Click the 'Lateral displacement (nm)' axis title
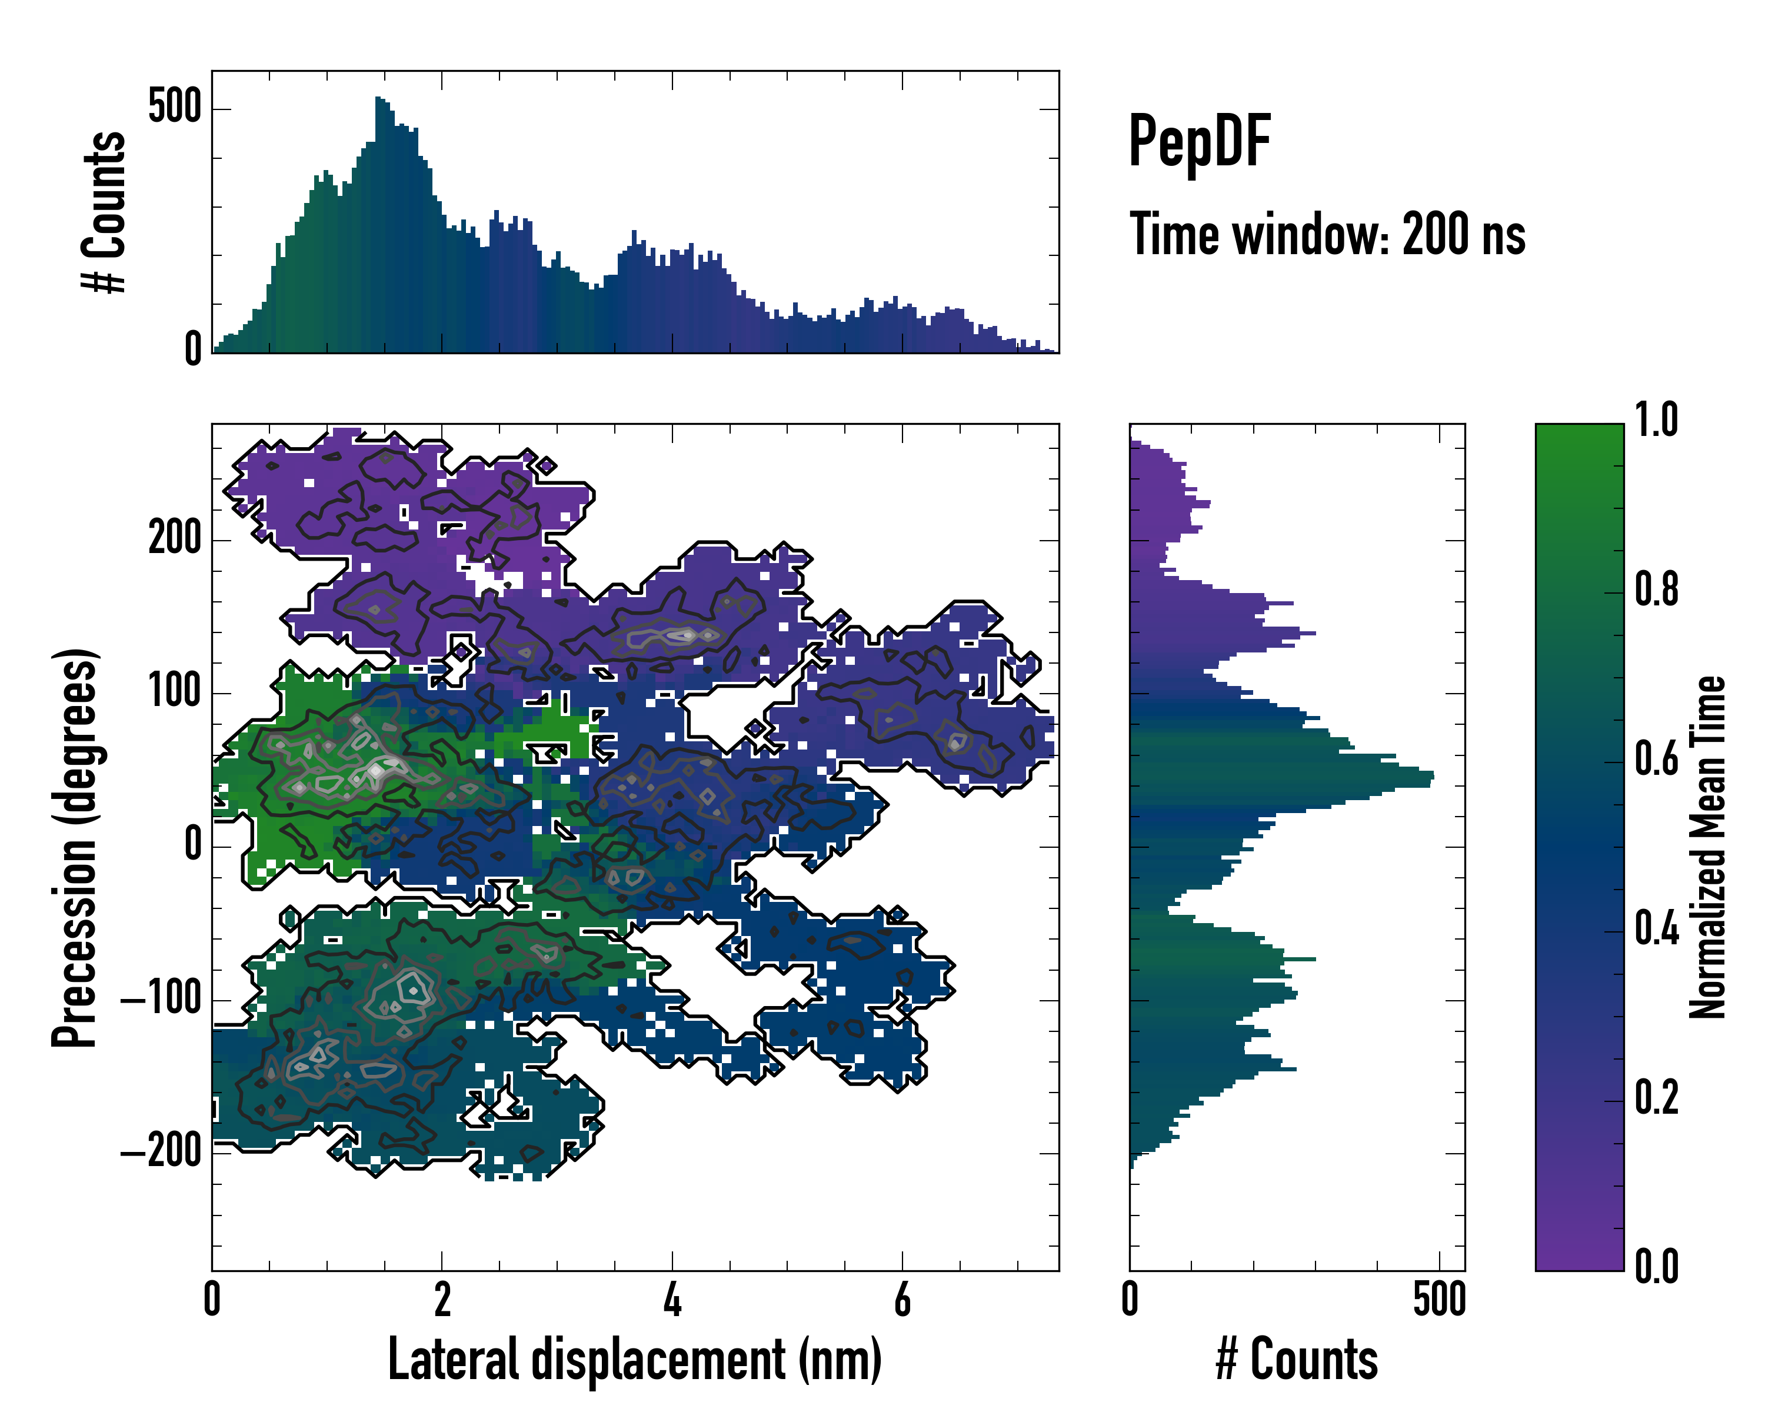point(634,1360)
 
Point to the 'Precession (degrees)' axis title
point(75,847)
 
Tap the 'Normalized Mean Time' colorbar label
point(1708,847)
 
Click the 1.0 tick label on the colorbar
point(1656,420)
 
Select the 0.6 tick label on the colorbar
point(1656,759)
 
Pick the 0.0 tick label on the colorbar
point(1656,1266)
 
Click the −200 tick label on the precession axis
point(161,1152)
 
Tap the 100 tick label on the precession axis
point(174,692)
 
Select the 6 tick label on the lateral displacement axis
point(902,1300)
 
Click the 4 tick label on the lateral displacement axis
point(672,1300)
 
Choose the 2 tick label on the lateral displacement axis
point(442,1300)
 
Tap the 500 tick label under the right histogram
point(1438,1300)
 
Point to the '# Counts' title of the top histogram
point(105,212)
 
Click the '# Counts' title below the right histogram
point(1297,1360)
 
